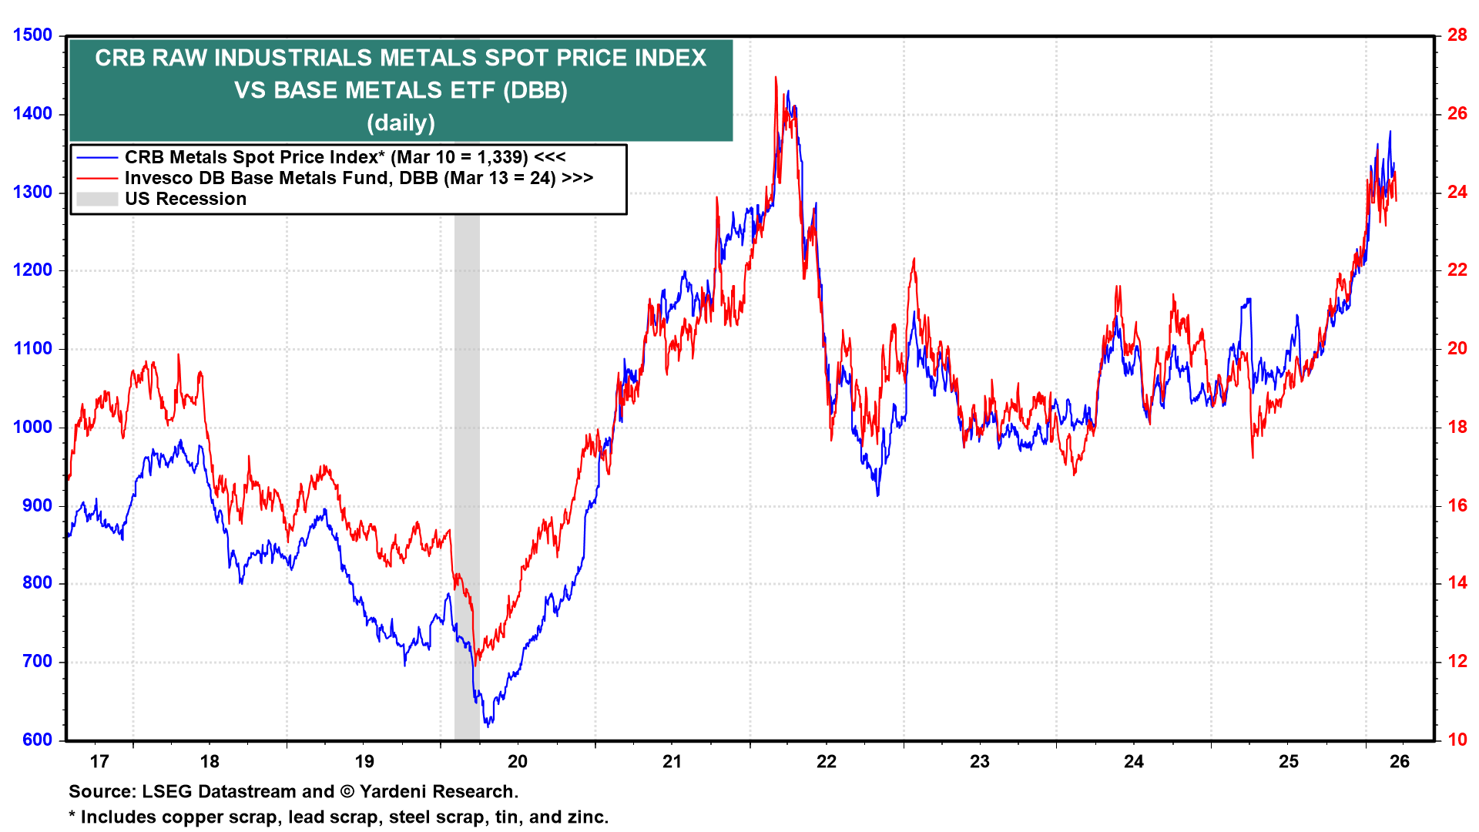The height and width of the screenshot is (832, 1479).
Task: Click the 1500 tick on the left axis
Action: point(32,35)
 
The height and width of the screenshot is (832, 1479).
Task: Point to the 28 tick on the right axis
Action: point(1457,35)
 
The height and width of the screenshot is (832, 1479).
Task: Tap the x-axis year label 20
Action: point(518,762)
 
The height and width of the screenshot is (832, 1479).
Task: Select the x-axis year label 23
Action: point(979,762)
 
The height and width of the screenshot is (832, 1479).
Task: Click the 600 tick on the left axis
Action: point(37,740)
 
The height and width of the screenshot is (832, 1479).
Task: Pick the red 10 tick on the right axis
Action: point(1457,740)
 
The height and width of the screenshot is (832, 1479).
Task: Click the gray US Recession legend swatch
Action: point(97,199)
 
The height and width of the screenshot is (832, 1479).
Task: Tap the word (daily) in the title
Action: point(401,123)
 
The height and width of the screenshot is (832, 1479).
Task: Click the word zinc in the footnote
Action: point(589,817)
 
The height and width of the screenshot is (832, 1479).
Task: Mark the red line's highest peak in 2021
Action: point(776,77)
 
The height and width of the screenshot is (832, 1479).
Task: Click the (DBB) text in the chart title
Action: point(535,91)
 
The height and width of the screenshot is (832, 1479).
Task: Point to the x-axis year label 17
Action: point(99,762)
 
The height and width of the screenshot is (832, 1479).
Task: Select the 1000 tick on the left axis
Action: point(32,427)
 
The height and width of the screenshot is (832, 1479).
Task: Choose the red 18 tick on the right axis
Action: point(1457,427)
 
